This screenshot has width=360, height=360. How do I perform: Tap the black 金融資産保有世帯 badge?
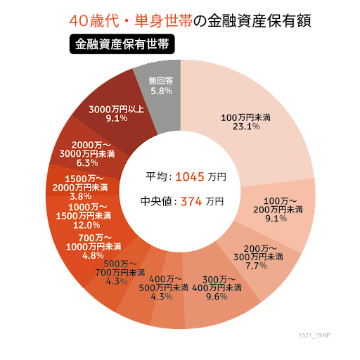pyautogui.click(x=122, y=44)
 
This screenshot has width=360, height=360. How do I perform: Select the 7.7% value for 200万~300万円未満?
pyautogui.click(x=257, y=266)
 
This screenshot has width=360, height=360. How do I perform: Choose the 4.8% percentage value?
pyautogui.click(x=93, y=255)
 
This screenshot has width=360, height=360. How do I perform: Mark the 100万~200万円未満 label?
pyautogui.click(x=278, y=205)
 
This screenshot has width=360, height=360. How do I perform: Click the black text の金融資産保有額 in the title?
pyautogui.click(x=252, y=20)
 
